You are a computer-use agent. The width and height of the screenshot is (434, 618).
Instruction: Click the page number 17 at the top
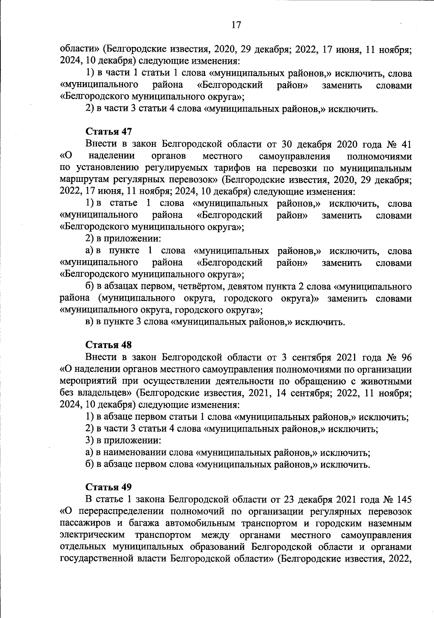(236, 25)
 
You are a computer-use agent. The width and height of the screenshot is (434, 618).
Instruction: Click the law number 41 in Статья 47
(407, 144)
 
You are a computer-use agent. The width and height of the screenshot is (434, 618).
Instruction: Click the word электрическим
(93, 535)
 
